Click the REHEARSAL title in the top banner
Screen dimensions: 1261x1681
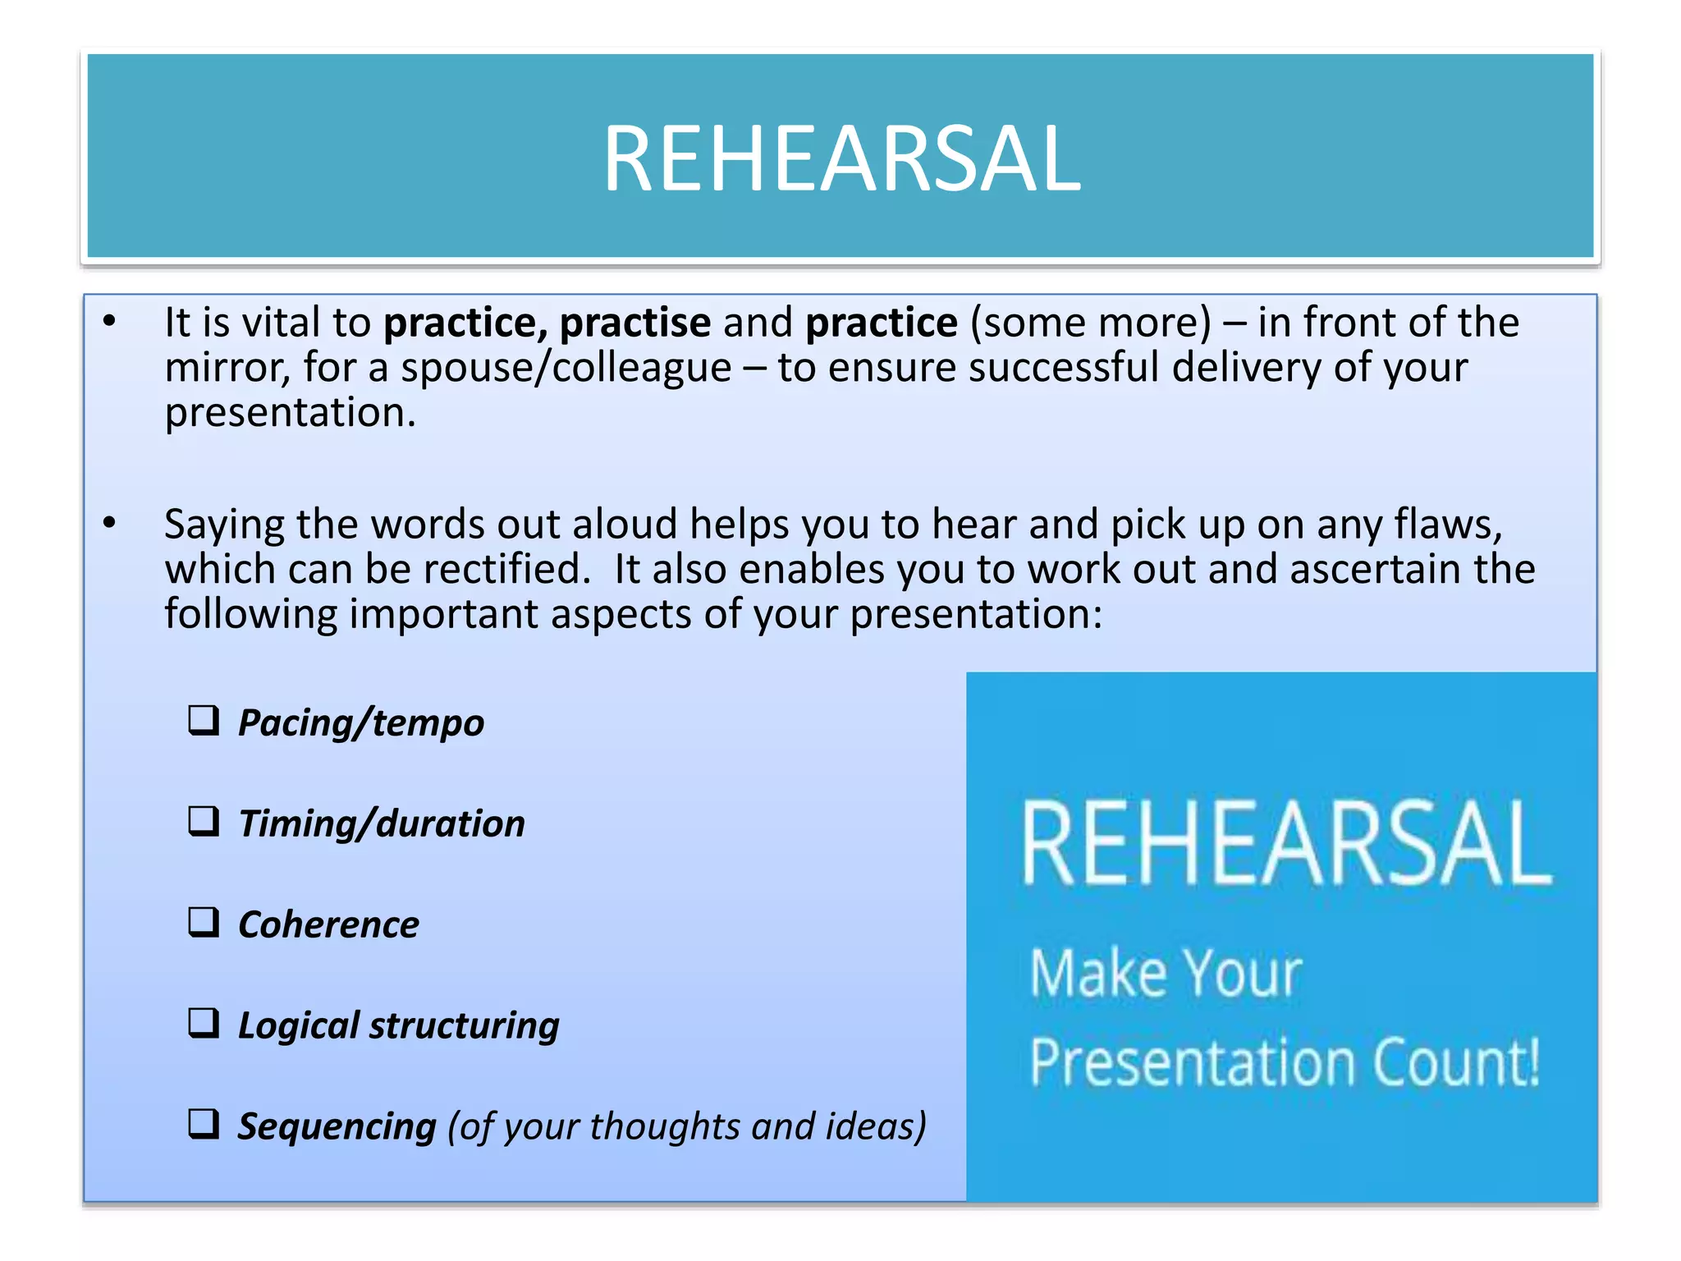click(841, 158)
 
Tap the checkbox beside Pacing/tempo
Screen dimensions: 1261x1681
click(204, 720)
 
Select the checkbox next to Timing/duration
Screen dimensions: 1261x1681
click(204, 820)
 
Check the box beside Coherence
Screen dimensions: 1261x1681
click(204, 922)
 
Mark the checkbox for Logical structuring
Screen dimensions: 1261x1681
click(204, 1023)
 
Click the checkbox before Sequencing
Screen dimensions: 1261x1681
click(204, 1123)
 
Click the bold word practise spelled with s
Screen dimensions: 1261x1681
click(634, 323)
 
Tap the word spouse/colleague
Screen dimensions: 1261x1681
click(566, 368)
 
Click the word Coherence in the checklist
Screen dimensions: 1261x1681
click(328, 925)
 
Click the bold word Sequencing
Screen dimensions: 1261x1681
click(337, 1126)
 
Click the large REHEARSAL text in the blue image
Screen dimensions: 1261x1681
click(1286, 844)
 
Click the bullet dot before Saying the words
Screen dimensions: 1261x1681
click(110, 523)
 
